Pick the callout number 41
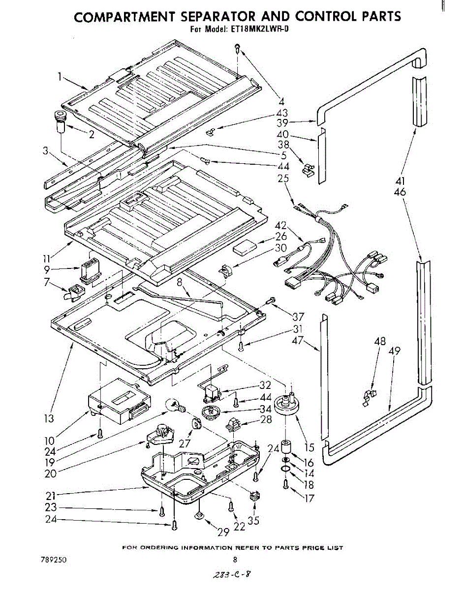[x=400, y=181]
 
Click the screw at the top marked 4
[x=237, y=48]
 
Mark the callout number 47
[x=298, y=340]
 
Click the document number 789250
[x=54, y=560]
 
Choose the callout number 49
[x=395, y=351]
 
